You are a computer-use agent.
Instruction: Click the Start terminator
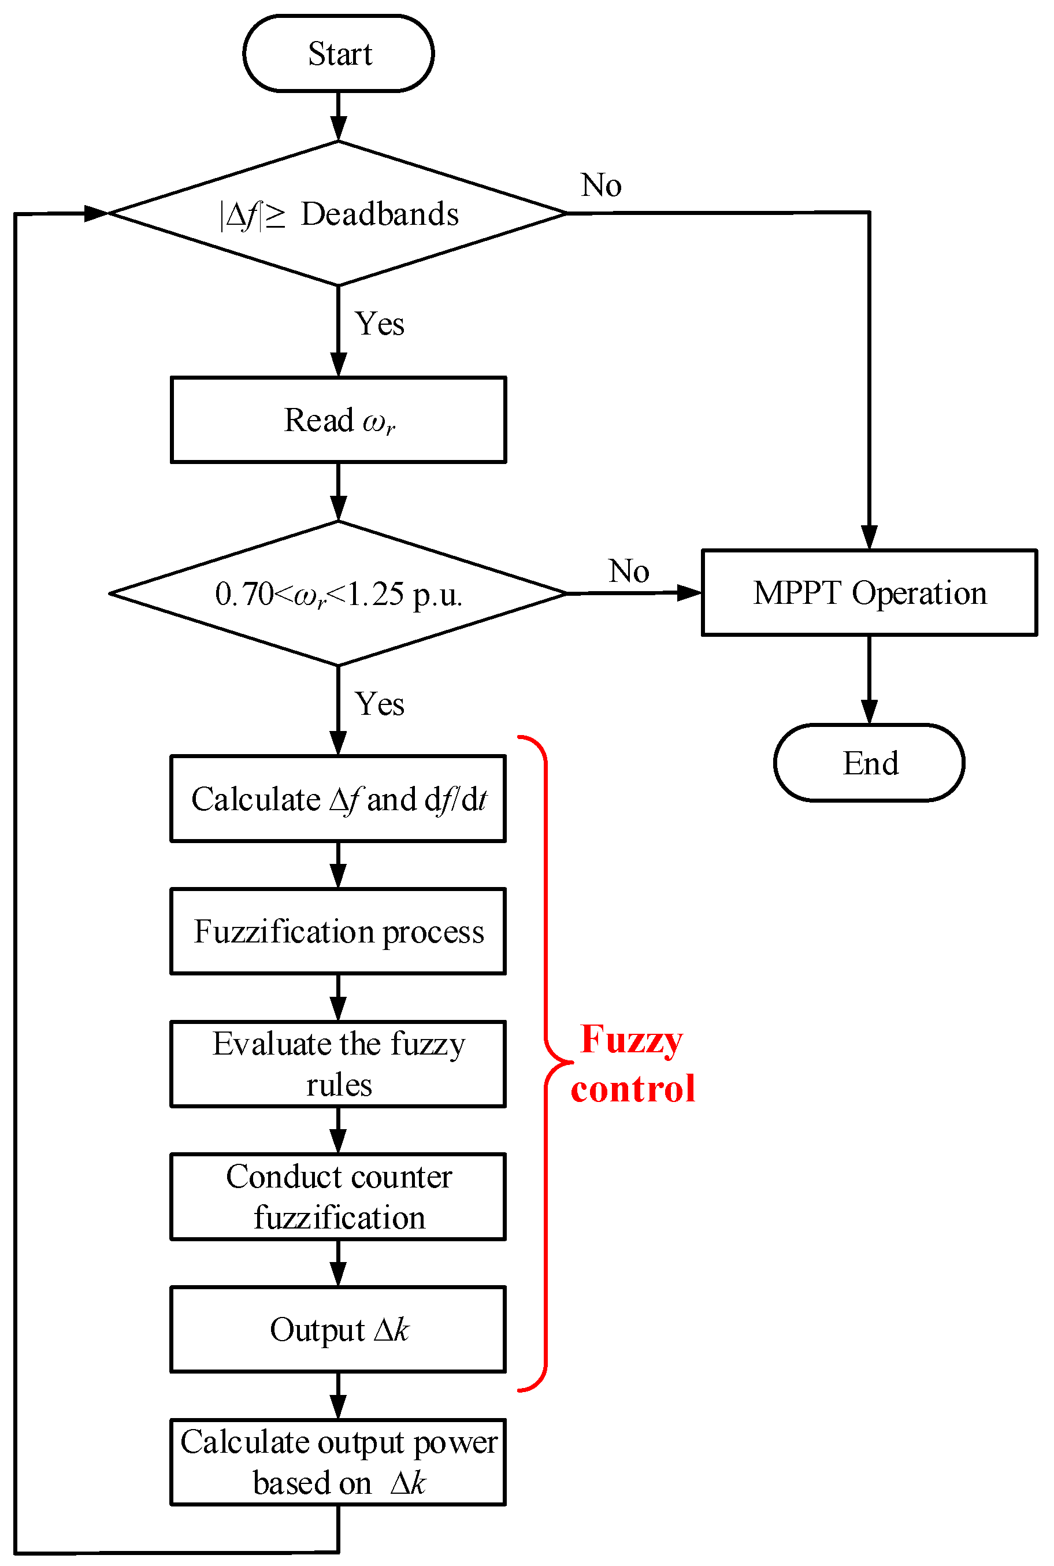pos(338,54)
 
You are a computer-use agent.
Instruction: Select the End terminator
pos(869,763)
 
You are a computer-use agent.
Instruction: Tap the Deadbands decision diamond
pos(338,214)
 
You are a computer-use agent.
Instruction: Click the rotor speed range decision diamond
pos(338,593)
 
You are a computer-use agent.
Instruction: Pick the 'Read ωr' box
pos(338,420)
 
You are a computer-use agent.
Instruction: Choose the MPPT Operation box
pos(869,593)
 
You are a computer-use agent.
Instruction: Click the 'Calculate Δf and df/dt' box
pos(338,799)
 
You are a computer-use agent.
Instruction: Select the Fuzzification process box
pos(338,932)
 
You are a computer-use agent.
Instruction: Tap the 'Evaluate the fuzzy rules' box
pos(338,1064)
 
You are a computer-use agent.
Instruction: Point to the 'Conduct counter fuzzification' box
pos(338,1197)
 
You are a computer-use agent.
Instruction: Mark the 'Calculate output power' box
pos(338,1463)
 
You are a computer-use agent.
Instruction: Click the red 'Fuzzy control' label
pos(632,1064)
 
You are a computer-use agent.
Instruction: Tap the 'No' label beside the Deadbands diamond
pos(601,185)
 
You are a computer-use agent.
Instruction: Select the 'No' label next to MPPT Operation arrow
pos(629,572)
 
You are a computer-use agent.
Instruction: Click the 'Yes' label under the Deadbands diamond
pos(379,324)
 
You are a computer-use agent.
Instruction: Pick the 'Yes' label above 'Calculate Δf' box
pos(379,704)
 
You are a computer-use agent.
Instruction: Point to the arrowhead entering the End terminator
pos(869,713)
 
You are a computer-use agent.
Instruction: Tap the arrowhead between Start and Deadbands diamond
pos(338,128)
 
